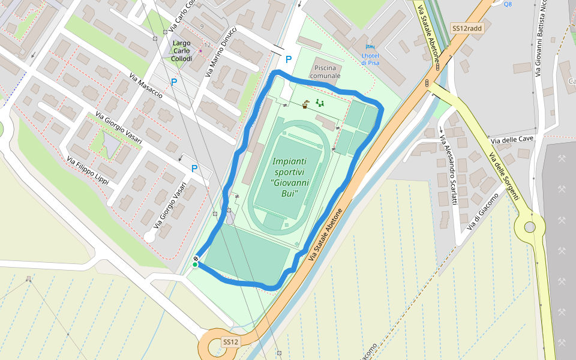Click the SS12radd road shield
coord(466,28)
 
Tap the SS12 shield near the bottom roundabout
coord(231,342)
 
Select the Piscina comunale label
coord(325,71)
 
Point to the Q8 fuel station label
coord(508,4)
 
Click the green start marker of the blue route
coord(195,264)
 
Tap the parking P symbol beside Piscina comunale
coord(289,59)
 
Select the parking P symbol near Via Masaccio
coord(174,82)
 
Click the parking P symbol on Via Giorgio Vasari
coord(194,169)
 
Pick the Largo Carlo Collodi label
coord(182,51)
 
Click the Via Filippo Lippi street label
coord(88,170)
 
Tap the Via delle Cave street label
coord(512,139)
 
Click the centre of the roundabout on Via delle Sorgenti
coord(529,227)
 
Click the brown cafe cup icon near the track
coord(305,106)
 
